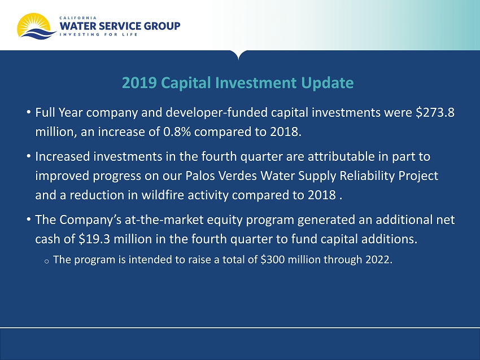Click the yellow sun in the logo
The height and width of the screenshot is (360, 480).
33,23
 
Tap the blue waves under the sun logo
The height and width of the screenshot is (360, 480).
38,34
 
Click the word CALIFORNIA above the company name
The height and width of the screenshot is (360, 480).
78,17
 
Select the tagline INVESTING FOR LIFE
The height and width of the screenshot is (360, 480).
98,34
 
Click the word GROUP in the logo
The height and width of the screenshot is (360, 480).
162,26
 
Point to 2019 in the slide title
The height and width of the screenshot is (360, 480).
139,82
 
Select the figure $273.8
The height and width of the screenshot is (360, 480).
435,112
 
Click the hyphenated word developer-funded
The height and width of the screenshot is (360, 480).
216,113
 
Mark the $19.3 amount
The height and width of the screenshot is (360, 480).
94,239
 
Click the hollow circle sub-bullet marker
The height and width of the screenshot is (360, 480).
46,261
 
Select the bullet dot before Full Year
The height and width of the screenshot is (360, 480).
28,112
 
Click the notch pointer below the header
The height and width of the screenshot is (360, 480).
238,55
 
